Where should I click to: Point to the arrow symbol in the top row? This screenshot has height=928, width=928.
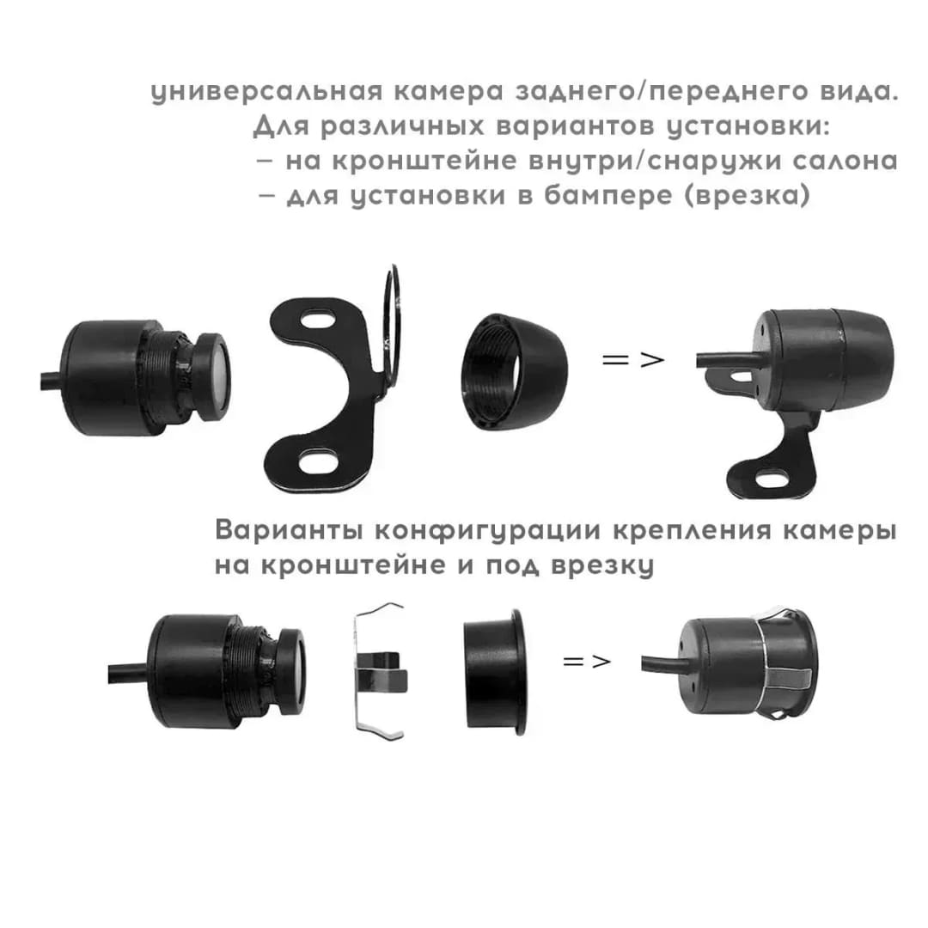(x=632, y=359)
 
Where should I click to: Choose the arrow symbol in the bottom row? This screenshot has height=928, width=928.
(x=586, y=661)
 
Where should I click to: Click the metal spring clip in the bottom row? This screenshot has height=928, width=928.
(x=380, y=673)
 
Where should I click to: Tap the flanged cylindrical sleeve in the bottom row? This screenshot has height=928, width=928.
(x=494, y=672)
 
